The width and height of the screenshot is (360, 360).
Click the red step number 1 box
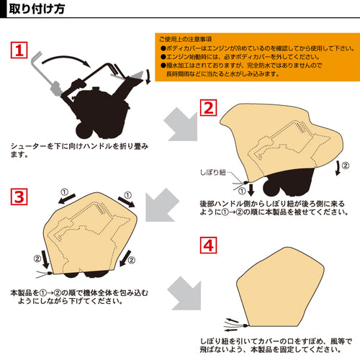click(19, 50)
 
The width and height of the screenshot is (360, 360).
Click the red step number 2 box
click(208, 108)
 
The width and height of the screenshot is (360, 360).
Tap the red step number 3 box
click(19, 197)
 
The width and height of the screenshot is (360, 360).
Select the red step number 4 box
click(208, 245)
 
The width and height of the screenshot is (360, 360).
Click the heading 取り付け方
click(37, 9)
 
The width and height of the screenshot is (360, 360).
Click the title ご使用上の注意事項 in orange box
click(185, 39)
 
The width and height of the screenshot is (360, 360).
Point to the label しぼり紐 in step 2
click(213, 172)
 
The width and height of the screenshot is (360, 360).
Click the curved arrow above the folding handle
click(66, 60)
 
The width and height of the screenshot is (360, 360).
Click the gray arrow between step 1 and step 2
click(181, 125)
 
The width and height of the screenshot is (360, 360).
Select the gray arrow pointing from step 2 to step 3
click(162, 205)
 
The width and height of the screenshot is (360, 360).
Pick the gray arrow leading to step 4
click(185, 293)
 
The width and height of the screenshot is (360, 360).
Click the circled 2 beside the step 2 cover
click(345, 166)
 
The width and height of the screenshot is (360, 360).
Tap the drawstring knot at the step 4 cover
click(246, 325)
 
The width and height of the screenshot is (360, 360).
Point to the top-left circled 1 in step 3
click(64, 192)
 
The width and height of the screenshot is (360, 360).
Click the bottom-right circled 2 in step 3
click(131, 260)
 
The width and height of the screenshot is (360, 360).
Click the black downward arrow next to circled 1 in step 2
click(251, 190)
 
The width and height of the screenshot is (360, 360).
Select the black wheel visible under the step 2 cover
click(271, 189)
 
